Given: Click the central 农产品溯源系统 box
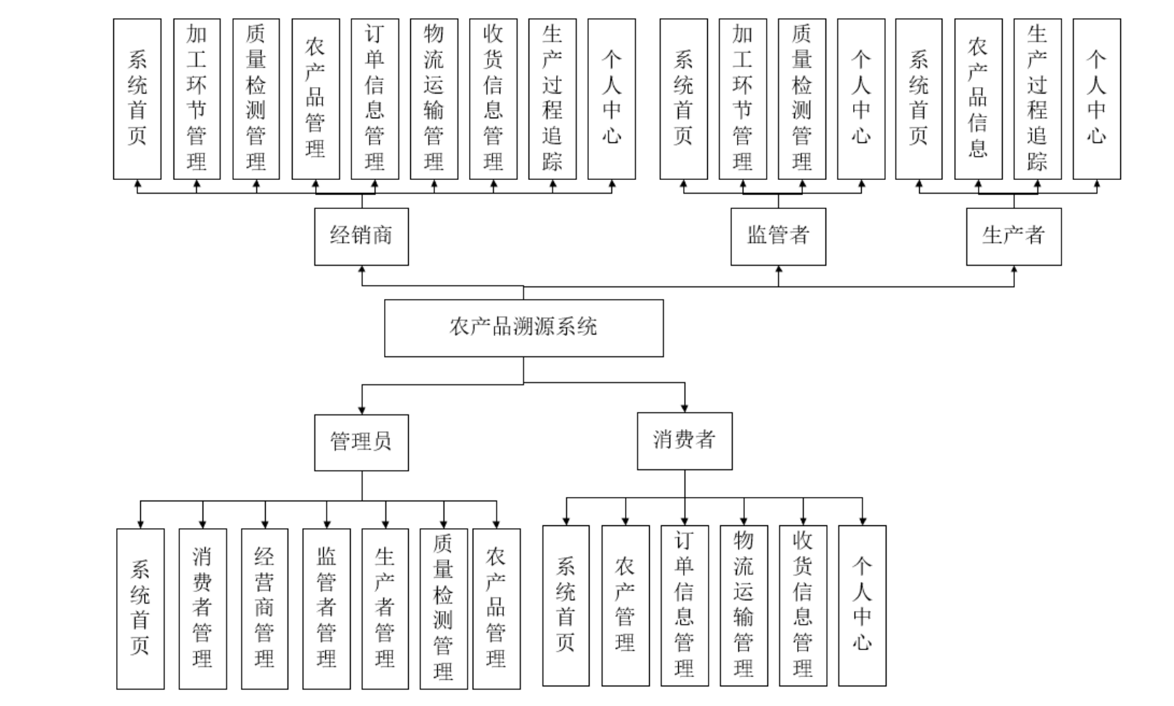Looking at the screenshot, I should click(x=523, y=327).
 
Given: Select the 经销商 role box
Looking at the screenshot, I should click(x=361, y=236).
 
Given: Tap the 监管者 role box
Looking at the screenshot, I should click(x=778, y=236).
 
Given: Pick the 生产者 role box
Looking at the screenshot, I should click(x=1014, y=236).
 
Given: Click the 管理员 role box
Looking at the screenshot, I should click(x=361, y=442).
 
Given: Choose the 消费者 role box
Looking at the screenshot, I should click(x=684, y=440).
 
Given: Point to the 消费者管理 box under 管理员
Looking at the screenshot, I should click(x=203, y=608).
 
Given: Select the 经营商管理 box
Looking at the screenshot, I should click(x=264, y=608).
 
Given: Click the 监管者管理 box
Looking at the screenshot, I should click(x=327, y=608).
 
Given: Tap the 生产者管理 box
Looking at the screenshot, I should click(x=385, y=608).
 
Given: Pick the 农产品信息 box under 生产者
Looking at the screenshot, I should click(x=978, y=99).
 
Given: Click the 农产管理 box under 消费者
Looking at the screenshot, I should click(x=625, y=605).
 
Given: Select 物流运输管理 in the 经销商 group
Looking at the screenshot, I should click(x=434, y=99).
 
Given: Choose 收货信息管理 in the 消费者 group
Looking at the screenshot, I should click(x=802, y=605).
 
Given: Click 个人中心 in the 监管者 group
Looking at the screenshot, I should click(x=861, y=99).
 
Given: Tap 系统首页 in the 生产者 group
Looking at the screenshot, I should click(x=918, y=99).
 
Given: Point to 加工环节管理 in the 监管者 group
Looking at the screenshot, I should click(x=743, y=99).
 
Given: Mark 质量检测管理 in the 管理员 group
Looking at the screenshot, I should click(x=443, y=608).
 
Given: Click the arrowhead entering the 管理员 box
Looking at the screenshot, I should click(x=362, y=410).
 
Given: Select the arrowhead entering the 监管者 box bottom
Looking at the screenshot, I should click(x=778, y=270).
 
